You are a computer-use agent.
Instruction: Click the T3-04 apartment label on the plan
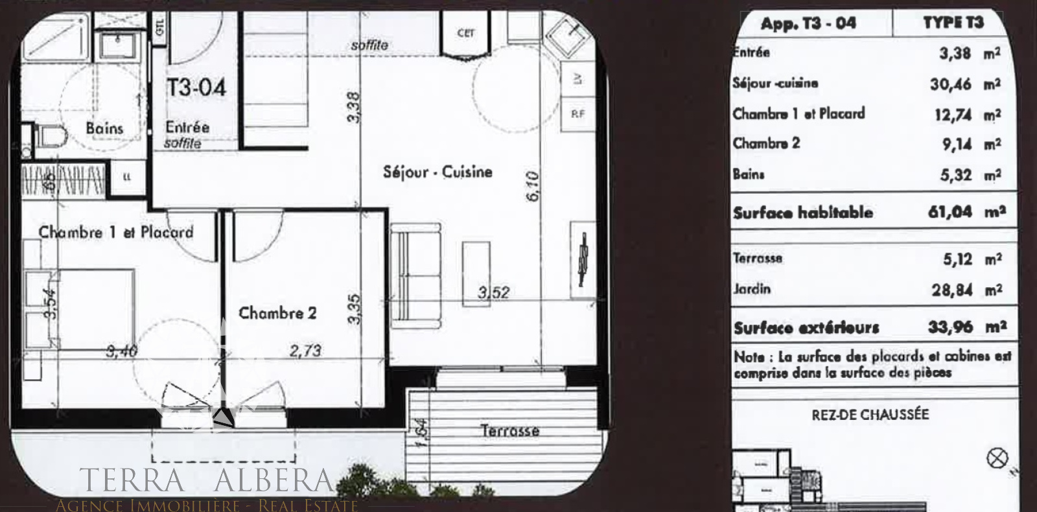[196, 87]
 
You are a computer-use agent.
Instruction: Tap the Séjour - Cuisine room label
[437, 172]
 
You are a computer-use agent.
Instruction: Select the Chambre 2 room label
[277, 314]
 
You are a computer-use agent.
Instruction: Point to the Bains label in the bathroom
[104, 128]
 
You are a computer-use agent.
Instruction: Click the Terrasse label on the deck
[509, 430]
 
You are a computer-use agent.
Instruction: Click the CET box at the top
[465, 33]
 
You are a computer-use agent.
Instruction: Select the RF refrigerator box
[577, 114]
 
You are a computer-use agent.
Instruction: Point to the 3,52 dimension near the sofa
[493, 293]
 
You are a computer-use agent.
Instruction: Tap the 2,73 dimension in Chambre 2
[305, 351]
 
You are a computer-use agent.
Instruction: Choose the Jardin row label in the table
[752, 289]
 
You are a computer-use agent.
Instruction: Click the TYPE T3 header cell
[953, 23]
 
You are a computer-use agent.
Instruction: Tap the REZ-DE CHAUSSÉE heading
[870, 415]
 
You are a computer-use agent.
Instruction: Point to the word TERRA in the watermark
[132, 480]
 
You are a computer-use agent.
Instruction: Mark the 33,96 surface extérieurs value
[950, 327]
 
